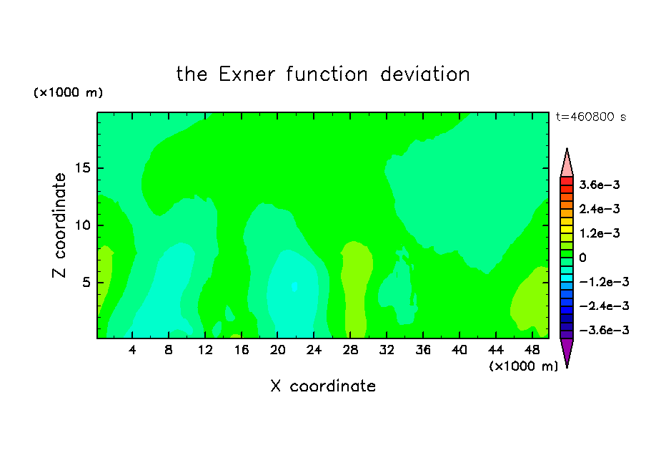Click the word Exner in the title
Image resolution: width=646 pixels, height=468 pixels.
(x=247, y=74)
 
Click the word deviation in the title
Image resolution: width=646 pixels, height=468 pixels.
(x=425, y=74)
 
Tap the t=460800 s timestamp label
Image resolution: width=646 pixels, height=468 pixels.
(x=591, y=117)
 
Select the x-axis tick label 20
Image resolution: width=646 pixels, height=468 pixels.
(x=278, y=350)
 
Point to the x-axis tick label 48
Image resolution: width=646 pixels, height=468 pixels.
(x=532, y=350)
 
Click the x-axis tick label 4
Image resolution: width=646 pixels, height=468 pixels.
(x=132, y=350)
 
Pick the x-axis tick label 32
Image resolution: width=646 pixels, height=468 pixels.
(x=387, y=350)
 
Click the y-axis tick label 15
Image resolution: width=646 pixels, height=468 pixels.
(x=82, y=168)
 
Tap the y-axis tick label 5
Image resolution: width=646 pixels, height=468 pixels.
(x=86, y=282)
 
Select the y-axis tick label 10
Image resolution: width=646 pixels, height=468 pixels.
(x=82, y=225)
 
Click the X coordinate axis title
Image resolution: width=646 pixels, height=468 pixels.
(x=323, y=386)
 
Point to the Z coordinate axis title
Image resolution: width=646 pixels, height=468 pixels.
(x=59, y=225)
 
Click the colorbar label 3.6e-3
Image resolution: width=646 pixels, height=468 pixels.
(x=600, y=185)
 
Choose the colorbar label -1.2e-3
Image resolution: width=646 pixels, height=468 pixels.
(x=604, y=282)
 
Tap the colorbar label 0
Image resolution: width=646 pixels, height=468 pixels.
(x=582, y=258)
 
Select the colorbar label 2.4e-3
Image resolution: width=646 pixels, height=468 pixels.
(x=600, y=209)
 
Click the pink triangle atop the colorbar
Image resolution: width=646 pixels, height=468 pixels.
(x=567, y=165)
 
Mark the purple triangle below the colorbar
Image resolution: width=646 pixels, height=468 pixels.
(x=567, y=351)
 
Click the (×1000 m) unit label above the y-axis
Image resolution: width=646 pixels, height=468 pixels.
(x=68, y=92)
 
